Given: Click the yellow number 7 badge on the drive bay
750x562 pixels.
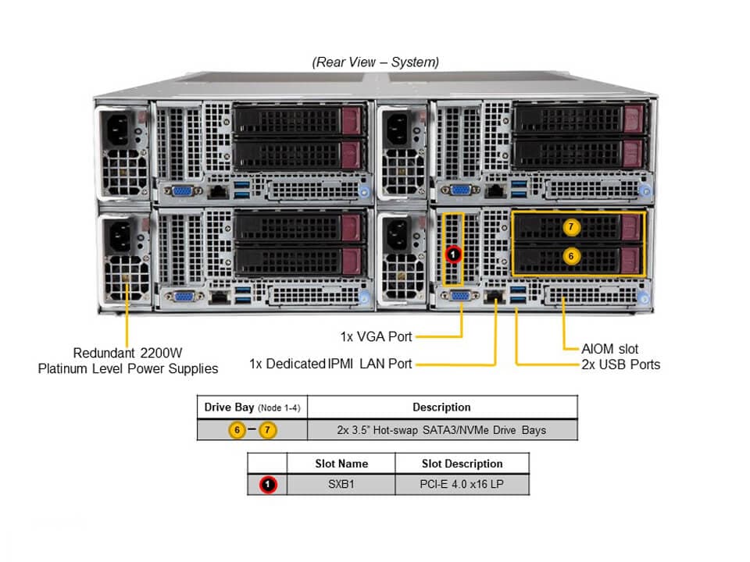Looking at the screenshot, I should coord(571,226).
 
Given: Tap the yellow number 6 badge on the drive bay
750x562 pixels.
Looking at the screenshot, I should coord(571,255).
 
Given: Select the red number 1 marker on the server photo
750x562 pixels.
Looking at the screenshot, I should coord(452,254).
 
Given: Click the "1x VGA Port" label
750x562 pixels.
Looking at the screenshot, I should coord(376,336).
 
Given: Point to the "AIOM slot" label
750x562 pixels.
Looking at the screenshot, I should coord(610,349).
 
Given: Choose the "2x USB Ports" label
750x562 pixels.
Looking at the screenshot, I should coord(620,365).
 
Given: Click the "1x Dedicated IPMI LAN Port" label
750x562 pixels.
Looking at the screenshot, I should coord(330,363).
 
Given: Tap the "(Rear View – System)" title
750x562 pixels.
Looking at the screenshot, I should coord(375,62).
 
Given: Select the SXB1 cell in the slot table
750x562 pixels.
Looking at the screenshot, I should coord(341,484).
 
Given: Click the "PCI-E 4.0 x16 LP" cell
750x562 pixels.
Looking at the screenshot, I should coord(462,484).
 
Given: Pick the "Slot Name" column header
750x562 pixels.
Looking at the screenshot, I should coord(341,464).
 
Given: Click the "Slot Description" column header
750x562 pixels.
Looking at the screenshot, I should coord(462,464).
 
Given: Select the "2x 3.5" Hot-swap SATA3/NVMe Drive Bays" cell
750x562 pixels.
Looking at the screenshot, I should coord(443,429).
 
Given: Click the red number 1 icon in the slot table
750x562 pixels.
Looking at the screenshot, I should coord(268,485).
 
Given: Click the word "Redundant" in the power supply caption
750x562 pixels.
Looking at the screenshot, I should coord(105,352).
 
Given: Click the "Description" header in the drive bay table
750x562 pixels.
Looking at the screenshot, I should coord(441,407).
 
